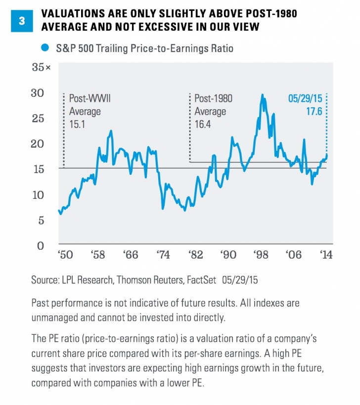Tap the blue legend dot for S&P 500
tap(45, 48)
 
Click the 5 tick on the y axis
tap(42, 220)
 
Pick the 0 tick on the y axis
tap(42, 245)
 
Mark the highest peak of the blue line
tap(262, 95)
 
